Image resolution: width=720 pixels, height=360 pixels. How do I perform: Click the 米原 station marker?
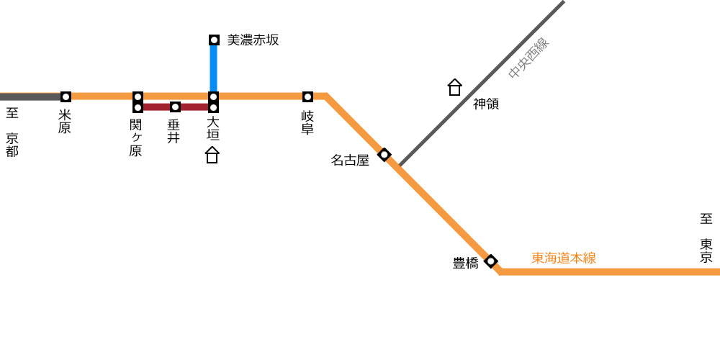pos(66,97)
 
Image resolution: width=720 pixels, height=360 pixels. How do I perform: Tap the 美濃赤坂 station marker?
pos(214,40)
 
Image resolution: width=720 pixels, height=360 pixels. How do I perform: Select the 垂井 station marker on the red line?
pos(175,107)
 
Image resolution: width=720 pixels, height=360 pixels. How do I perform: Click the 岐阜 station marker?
pos(307,97)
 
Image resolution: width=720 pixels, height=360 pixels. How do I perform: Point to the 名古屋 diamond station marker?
pos(384,154)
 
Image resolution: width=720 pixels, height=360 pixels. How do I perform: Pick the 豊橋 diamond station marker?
pos(491,261)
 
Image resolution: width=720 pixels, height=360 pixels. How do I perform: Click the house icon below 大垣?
pos(212,155)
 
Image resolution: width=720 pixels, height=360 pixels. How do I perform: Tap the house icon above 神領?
pos(454,87)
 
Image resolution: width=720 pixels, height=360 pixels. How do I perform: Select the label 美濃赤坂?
pos(253,40)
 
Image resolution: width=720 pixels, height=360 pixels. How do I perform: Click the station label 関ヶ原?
pos(135,138)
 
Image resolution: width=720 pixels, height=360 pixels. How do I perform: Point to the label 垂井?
pos(173,131)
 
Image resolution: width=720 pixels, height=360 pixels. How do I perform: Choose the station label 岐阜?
pos(307,122)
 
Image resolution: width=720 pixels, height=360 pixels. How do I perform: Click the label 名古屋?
pos(351,161)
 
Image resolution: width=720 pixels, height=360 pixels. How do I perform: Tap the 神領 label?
pos(486,104)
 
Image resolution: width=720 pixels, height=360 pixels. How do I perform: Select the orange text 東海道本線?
pos(564,258)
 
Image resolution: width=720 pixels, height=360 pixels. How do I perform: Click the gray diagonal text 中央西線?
pos(529,58)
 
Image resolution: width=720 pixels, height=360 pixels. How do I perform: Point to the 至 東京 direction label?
pos(706,238)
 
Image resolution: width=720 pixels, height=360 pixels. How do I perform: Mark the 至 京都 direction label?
pos(12,132)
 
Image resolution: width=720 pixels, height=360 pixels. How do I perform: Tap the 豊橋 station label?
pos(466,264)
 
